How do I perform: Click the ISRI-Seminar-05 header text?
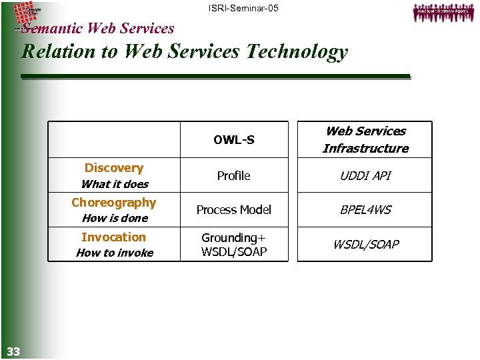[x=243, y=8]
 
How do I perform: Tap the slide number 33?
[x=13, y=351]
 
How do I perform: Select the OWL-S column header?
[x=234, y=140]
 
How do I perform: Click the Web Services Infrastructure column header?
[x=365, y=140]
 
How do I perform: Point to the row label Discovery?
[x=114, y=168]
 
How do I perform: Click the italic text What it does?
[x=115, y=184]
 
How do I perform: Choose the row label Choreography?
[x=114, y=203]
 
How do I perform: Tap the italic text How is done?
[x=115, y=218]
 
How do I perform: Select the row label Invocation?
[x=113, y=237]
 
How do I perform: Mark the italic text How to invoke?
[x=115, y=253]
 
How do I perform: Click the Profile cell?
[x=234, y=176]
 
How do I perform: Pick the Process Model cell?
[x=234, y=210]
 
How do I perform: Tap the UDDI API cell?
[x=365, y=176]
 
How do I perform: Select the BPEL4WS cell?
[x=365, y=210]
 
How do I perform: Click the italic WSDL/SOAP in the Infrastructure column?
[x=365, y=245]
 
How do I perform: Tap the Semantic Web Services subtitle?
[x=97, y=28]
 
